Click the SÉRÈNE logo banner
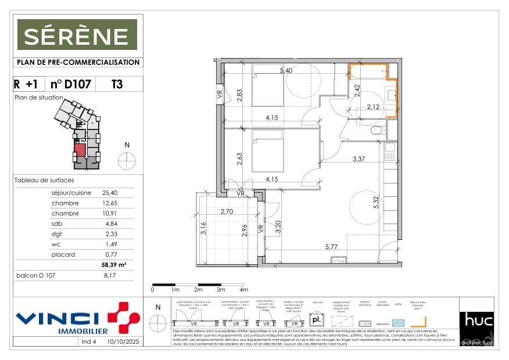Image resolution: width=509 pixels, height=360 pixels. [77, 35]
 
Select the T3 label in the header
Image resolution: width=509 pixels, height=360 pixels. [117, 84]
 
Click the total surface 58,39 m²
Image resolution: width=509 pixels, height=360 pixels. [114, 265]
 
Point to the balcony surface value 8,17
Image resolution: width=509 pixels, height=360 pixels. [110, 276]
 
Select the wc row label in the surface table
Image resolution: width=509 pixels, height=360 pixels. [55, 244]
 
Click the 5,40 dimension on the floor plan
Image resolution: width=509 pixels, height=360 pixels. [286, 71]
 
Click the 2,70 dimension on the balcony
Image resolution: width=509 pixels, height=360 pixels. [227, 213]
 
